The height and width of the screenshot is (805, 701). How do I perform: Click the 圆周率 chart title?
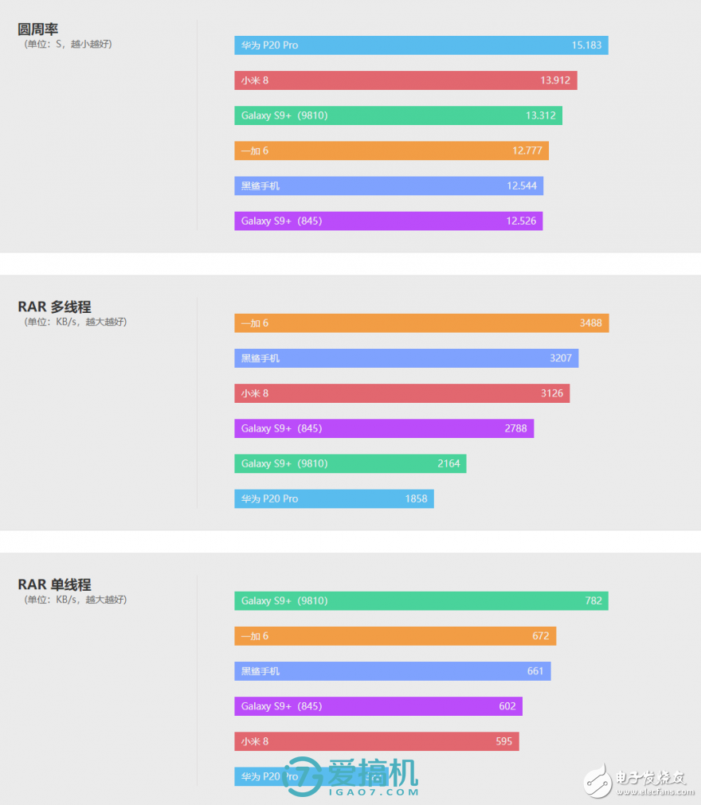coord(38,29)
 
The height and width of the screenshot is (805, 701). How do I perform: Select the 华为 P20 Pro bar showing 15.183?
coord(421,45)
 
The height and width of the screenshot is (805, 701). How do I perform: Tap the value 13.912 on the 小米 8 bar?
coord(554,80)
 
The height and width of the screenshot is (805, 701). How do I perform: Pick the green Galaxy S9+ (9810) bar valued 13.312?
coord(397,115)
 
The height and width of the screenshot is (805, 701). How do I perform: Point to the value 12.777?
coord(527,150)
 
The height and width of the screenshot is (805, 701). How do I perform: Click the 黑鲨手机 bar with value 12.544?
coord(388,186)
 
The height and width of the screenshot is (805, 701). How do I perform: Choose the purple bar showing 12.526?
coord(388,221)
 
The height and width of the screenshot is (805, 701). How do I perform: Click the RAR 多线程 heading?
coord(54,307)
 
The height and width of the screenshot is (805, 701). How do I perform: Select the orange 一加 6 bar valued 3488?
coord(421,323)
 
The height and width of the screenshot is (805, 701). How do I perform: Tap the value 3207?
coord(561,358)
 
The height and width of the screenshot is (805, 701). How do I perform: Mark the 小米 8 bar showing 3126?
coord(401,393)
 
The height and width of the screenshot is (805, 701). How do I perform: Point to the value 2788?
coord(515,428)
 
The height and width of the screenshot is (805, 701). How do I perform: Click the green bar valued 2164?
coord(350,463)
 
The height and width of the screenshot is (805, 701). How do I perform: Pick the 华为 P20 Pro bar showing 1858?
coord(334,498)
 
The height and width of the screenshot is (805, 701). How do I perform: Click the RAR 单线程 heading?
coord(54,584)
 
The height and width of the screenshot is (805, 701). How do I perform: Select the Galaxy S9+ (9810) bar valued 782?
coord(421,601)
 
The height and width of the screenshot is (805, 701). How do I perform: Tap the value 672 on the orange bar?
coord(541,636)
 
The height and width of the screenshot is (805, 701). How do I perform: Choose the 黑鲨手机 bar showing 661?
coord(392,671)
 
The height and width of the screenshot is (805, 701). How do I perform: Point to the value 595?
coord(504,741)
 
